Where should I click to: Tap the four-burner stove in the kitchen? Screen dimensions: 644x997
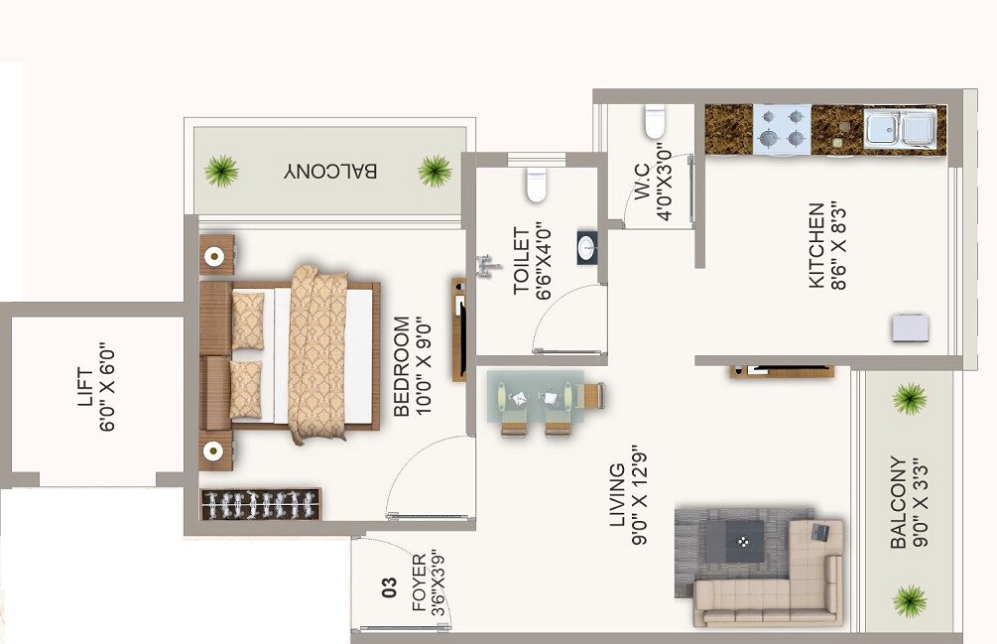tap(781, 129)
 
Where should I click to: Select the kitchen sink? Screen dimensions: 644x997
tap(899, 129)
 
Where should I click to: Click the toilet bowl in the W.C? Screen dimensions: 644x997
tap(655, 121)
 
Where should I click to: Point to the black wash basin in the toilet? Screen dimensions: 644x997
tap(587, 248)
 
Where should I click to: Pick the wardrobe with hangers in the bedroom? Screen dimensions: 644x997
tap(260, 504)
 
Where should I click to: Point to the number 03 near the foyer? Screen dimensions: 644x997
tap(390, 586)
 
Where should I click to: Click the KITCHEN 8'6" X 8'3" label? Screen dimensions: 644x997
tap(825, 245)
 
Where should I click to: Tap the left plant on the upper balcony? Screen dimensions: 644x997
tap(221, 171)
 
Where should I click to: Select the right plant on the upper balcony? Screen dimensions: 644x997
tap(435, 171)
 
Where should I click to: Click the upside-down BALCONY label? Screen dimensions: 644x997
tap(330, 171)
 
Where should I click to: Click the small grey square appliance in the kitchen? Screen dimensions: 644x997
tap(910, 327)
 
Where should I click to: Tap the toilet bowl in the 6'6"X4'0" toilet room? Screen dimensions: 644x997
tap(537, 185)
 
